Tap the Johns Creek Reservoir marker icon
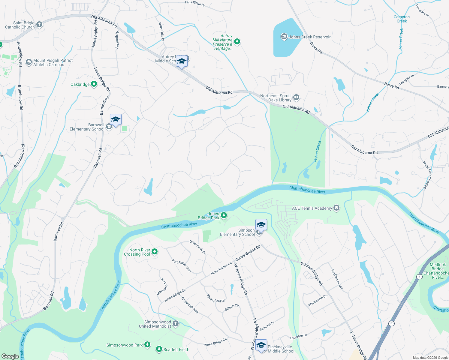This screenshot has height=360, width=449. [284, 37]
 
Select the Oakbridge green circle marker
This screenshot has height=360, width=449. [94, 84]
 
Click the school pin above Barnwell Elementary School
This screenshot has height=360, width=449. [116, 120]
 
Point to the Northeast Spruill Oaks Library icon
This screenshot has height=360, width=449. [296, 97]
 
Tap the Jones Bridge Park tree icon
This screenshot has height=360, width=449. [224, 215]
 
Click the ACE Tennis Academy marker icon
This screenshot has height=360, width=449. [336, 208]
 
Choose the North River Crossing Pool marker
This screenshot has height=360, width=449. [155, 252]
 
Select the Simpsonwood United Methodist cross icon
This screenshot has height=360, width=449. [176, 324]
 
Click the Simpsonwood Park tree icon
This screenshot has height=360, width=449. [147, 345]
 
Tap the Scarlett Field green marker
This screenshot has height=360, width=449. [159, 349]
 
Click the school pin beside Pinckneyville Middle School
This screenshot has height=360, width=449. [261, 345]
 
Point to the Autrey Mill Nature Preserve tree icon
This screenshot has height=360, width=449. [237, 42]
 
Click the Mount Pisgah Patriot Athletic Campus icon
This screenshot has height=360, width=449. [29, 62]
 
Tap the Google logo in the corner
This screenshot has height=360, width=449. [10, 356]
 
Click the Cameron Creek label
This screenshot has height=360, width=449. [402, 19]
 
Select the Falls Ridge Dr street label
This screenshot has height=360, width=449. [195, 4]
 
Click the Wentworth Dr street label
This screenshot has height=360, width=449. [318, 301]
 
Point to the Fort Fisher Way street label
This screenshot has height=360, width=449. [182, 265]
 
